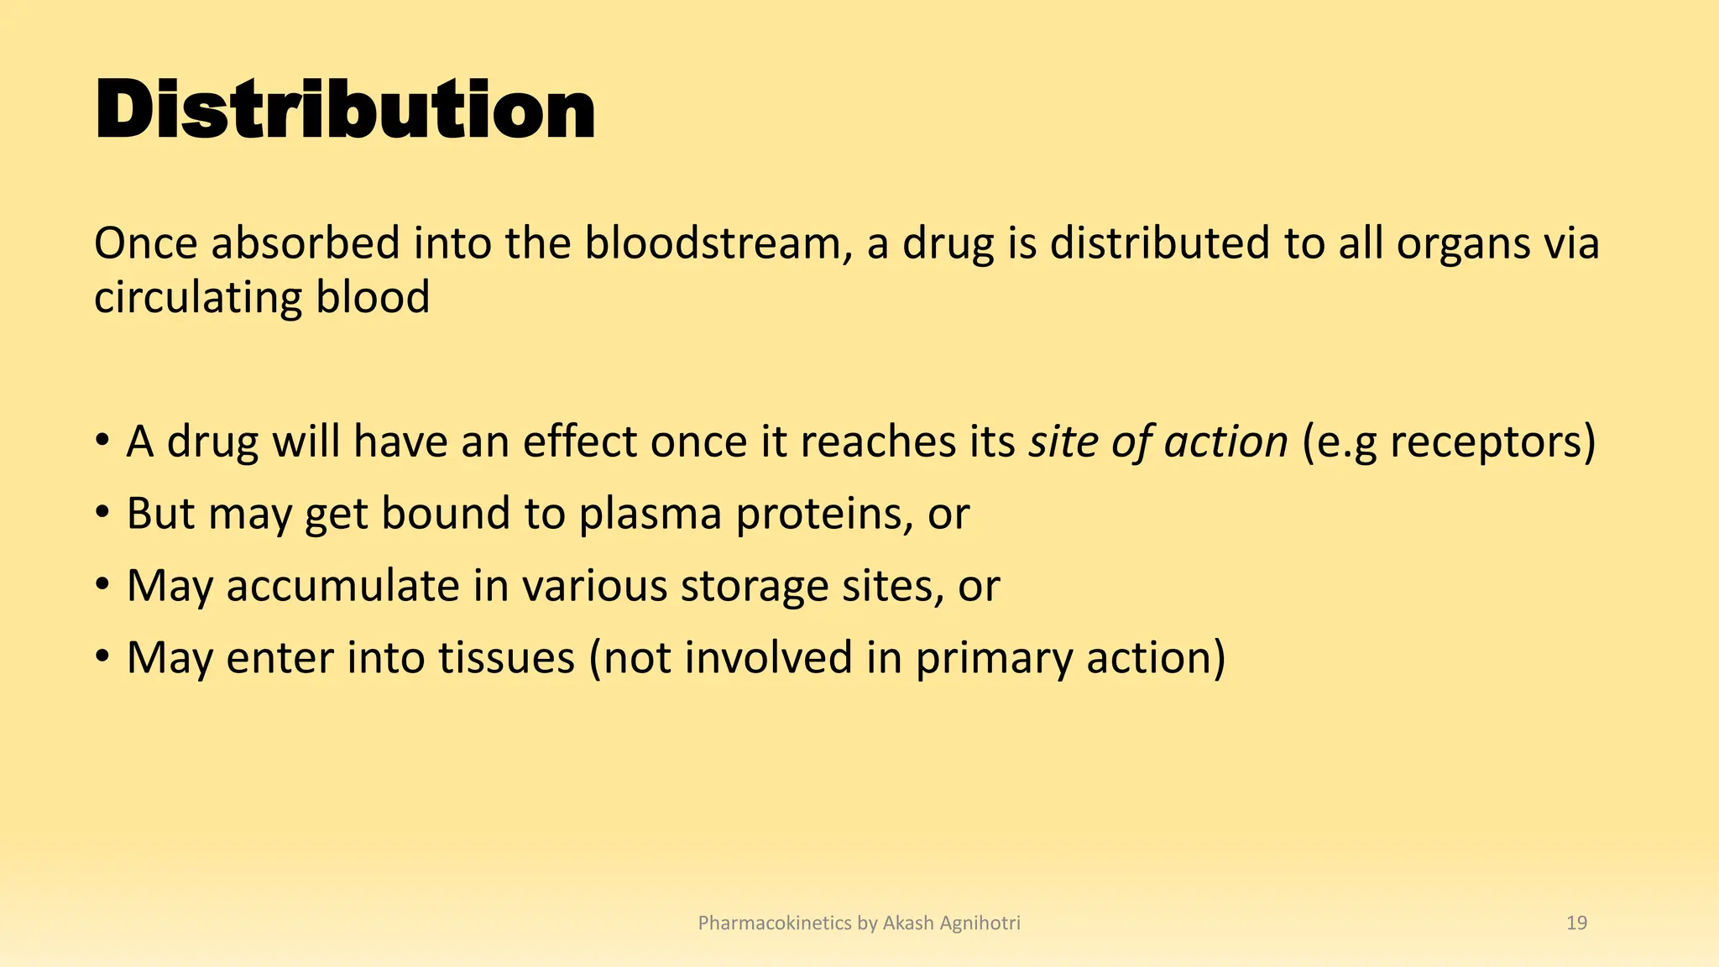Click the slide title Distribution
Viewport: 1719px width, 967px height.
click(x=345, y=110)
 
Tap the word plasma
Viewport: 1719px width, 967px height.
click(x=651, y=514)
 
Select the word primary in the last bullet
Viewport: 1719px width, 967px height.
click(x=994, y=659)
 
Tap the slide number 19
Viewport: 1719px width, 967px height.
click(x=1576, y=923)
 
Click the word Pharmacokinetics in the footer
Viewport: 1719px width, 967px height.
click(x=775, y=923)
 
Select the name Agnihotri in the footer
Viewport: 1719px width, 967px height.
click(x=980, y=923)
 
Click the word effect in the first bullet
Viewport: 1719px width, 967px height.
click(x=579, y=442)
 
